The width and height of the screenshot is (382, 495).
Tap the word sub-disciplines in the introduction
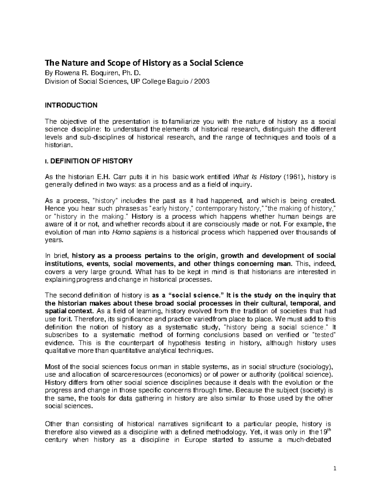pyautogui.click(x=99, y=137)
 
